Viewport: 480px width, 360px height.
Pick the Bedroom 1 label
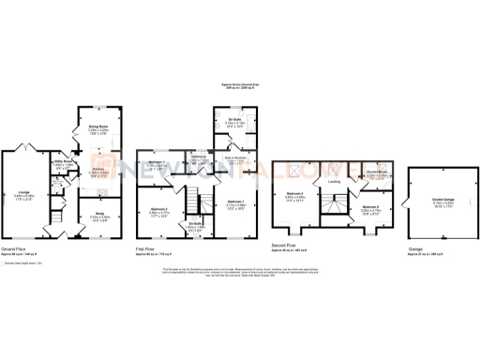[235, 204]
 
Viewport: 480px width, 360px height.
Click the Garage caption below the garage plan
[413, 248]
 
